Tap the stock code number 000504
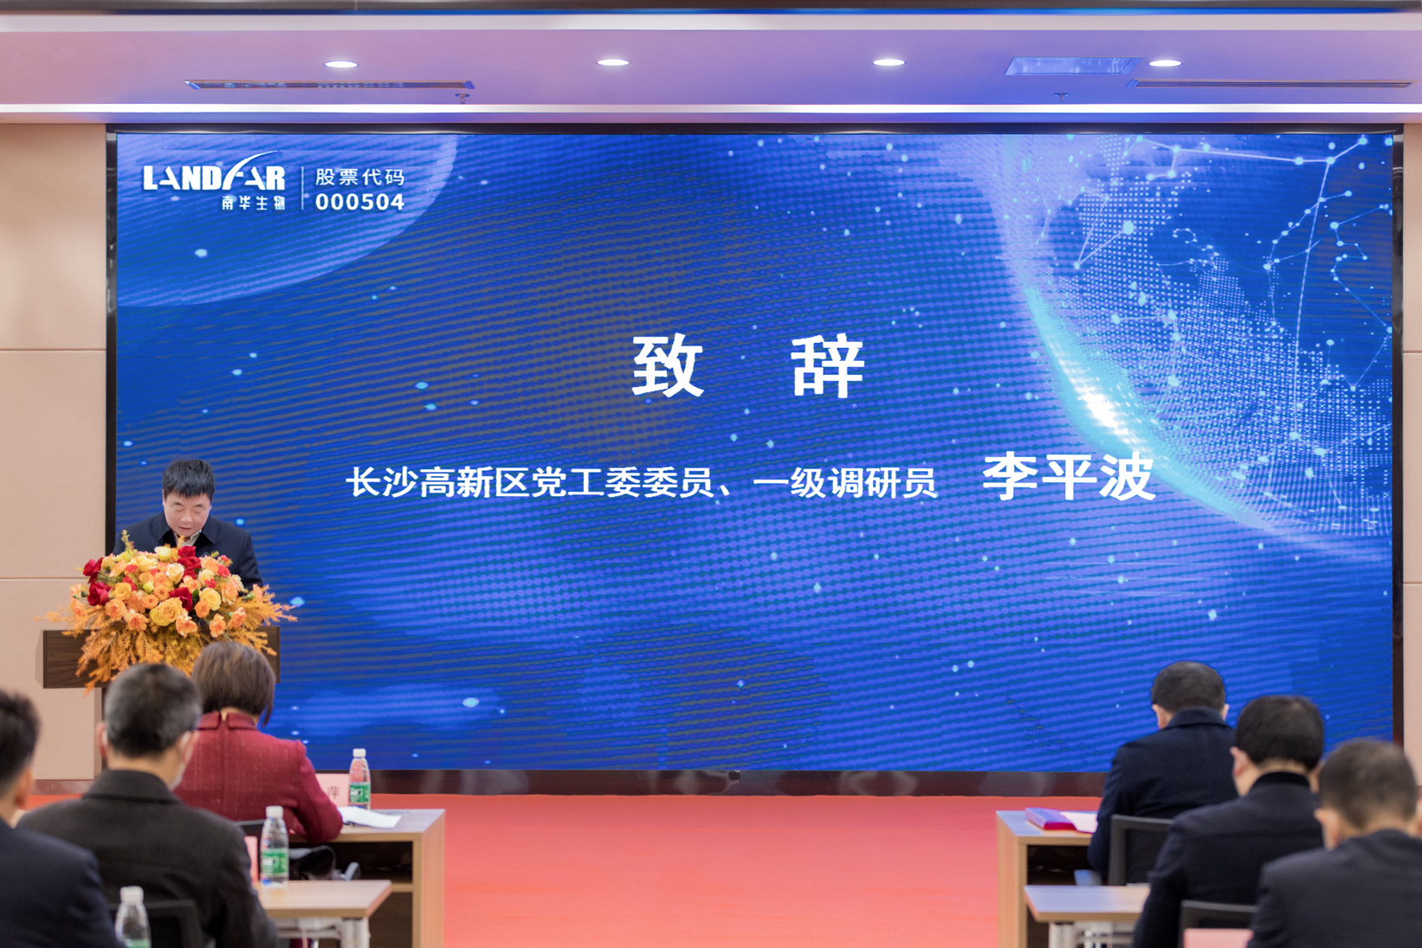[359, 202]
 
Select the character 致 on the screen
[668, 365]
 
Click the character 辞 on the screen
[828, 365]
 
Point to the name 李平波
[1069, 477]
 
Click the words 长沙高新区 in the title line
[437, 482]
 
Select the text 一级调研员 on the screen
[844, 483]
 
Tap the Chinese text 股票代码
[359, 177]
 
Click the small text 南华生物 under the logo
[253, 203]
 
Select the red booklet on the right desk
[1050, 818]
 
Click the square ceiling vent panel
[1072, 65]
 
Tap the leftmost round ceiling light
[341, 64]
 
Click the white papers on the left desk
[371, 816]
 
